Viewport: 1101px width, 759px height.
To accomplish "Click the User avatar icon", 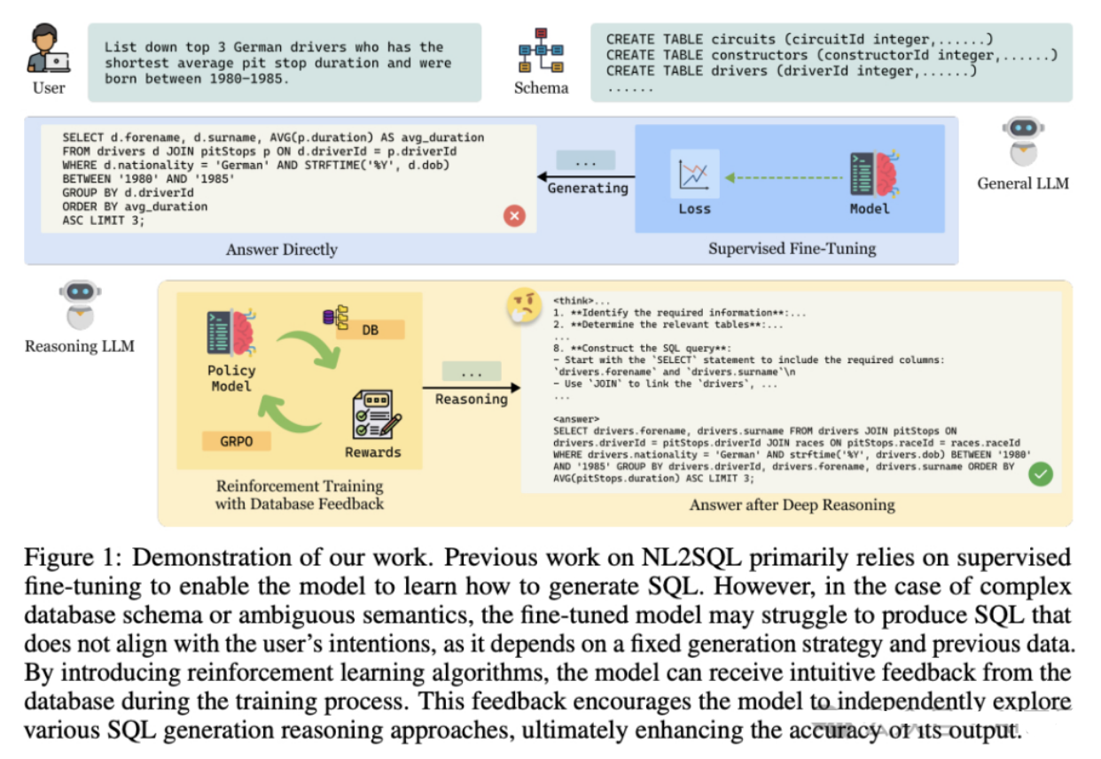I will (48, 50).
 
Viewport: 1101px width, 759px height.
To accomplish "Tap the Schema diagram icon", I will (539, 52).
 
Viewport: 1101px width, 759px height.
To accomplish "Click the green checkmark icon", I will (1040, 474).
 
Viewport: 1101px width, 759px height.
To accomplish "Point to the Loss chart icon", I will (694, 174).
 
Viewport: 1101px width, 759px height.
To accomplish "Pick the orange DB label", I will (371, 329).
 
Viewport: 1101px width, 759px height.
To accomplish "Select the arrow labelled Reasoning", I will (471, 387).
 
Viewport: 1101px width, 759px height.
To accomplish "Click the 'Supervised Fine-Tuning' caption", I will (791, 249).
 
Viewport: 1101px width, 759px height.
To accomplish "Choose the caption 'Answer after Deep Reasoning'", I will (792, 505).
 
